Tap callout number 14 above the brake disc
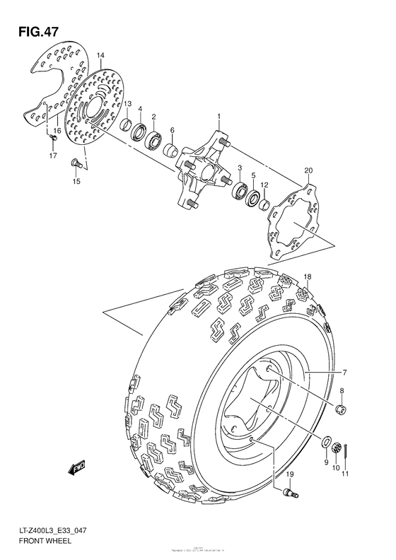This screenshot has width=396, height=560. coord(100,55)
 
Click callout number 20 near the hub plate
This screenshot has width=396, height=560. coord(308,170)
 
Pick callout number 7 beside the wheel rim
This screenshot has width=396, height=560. coord(345,373)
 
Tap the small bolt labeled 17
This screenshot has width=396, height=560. coord(52,139)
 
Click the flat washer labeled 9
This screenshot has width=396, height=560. coord(327,443)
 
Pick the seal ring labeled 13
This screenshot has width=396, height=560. coord(125,127)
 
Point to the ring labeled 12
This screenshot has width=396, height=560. coord(264,205)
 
